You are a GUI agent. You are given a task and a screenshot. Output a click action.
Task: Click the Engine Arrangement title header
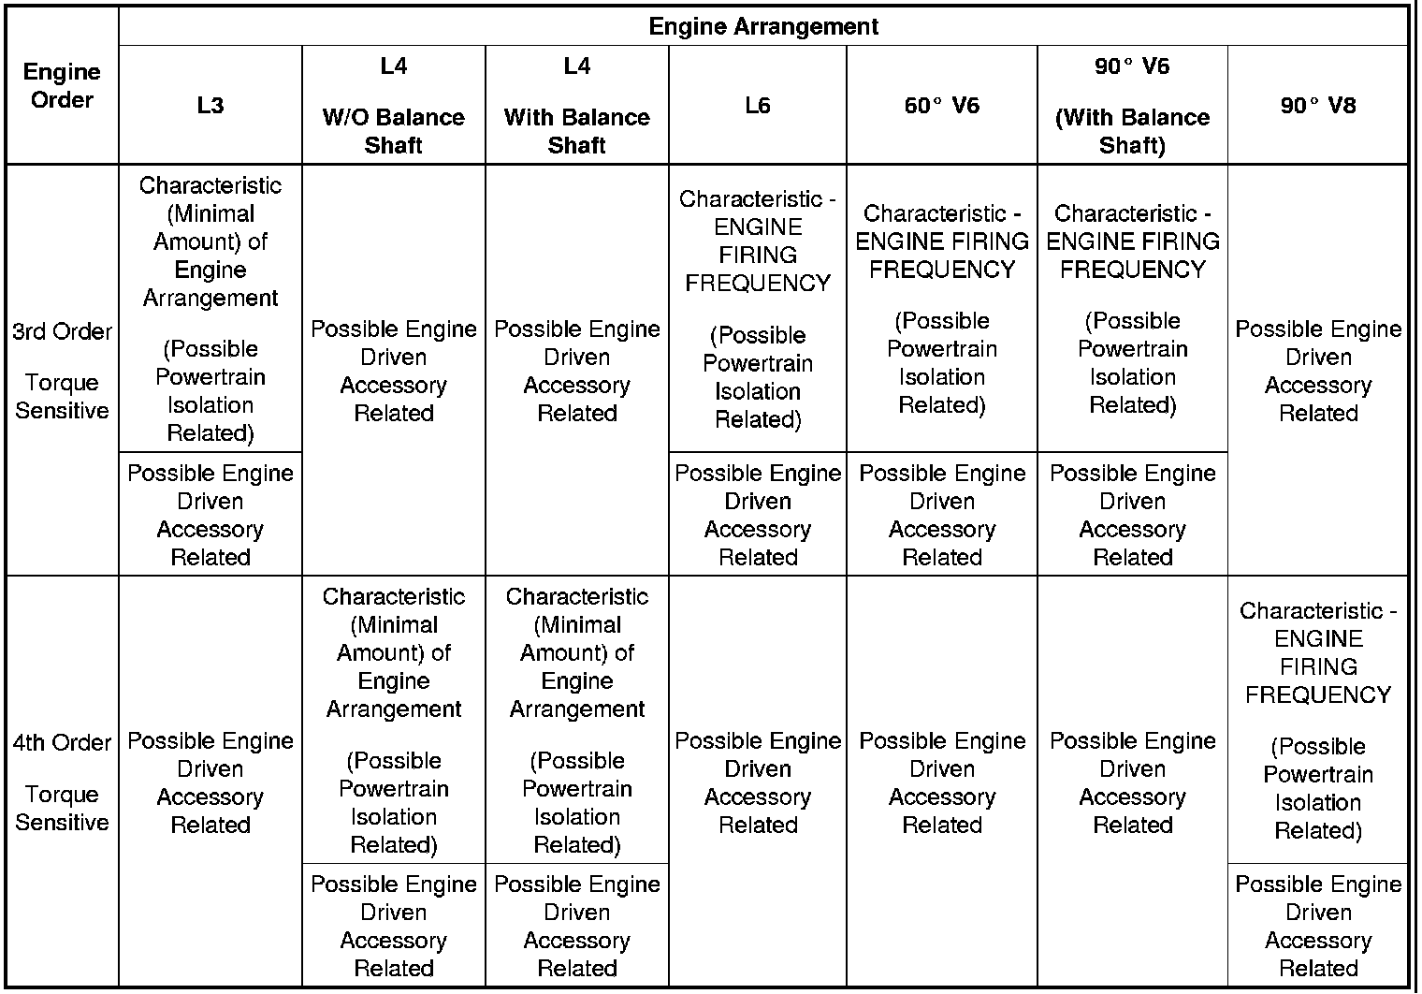(762, 26)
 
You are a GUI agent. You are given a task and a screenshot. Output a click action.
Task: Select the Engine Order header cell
(62, 86)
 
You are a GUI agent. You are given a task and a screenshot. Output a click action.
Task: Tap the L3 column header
(210, 105)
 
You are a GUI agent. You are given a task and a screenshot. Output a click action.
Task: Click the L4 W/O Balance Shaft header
(393, 105)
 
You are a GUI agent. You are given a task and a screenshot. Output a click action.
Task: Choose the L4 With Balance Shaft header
(576, 105)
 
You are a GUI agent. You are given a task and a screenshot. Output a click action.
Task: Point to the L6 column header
(758, 105)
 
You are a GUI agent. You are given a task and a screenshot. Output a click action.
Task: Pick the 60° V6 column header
(941, 105)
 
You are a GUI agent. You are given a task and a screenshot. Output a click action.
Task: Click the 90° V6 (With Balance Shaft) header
(1132, 105)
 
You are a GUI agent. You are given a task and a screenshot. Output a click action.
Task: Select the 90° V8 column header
(1317, 105)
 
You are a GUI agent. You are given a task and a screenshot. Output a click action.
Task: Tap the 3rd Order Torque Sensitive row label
(62, 371)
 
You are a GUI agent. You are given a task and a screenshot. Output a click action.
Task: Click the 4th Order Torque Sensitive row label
(62, 782)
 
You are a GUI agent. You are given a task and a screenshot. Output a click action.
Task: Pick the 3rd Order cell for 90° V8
(1317, 371)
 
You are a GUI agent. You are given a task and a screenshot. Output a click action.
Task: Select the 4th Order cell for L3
(210, 782)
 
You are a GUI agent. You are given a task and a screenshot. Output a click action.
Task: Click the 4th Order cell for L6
(758, 782)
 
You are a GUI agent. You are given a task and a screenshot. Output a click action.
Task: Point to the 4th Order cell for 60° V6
(941, 782)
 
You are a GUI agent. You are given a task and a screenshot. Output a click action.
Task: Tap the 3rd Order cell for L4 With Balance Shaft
(576, 371)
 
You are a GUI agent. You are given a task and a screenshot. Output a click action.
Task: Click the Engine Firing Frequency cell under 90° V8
(1317, 720)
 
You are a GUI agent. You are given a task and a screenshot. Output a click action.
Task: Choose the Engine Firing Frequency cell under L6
(758, 309)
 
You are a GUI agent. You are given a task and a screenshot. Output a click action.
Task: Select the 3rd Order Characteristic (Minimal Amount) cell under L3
(210, 309)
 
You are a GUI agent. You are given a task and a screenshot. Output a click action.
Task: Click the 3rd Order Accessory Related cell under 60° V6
(941, 514)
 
